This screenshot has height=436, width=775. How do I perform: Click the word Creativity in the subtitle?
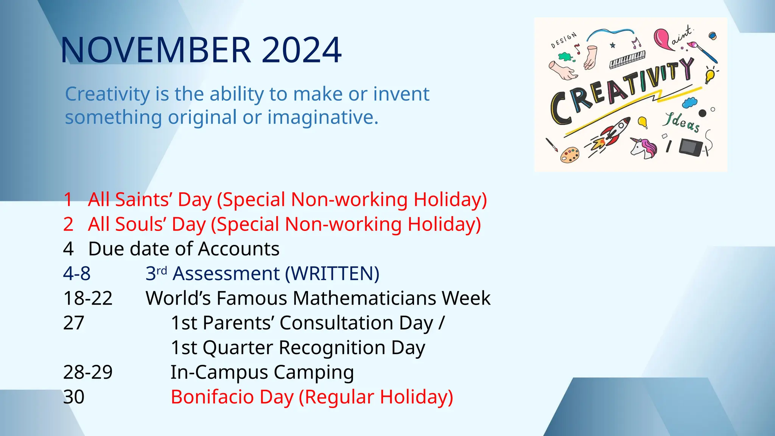click(x=107, y=94)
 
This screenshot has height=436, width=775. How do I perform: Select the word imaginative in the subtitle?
click(x=322, y=117)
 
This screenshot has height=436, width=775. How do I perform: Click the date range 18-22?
click(x=88, y=298)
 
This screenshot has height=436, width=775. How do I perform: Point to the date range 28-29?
click(x=88, y=372)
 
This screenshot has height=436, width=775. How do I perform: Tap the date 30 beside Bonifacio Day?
click(x=74, y=397)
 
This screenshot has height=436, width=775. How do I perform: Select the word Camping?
click(x=314, y=372)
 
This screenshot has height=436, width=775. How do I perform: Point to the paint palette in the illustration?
click(x=570, y=155)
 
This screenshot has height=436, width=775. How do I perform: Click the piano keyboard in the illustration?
click(x=627, y=59)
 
